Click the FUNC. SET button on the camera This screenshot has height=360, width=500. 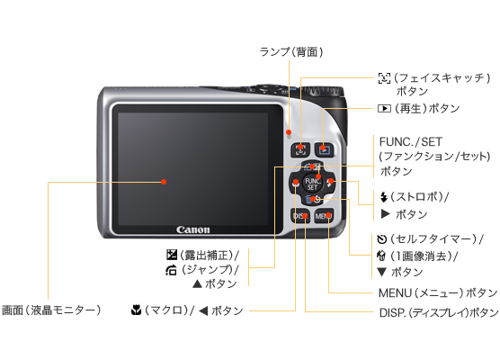pos(312,184)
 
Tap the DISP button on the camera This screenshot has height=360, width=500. pos(300,216)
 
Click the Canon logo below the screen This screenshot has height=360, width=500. pos(193,229)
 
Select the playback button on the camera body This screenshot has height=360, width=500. pos(325,149)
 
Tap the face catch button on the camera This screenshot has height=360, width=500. pos(300,149)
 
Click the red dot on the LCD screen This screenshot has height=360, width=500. pos(164,182)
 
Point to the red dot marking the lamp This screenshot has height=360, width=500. pos(289,131)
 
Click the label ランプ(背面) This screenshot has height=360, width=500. pos(291,51)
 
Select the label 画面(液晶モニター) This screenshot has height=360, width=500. pos(51,310)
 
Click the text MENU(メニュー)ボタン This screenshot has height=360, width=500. pos(438,292)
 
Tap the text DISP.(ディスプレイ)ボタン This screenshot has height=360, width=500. pos(439,312)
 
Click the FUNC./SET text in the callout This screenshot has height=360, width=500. pos(411,141)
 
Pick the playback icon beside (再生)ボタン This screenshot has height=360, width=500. pos(384,109)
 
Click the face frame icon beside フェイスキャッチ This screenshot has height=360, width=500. pos(384,78)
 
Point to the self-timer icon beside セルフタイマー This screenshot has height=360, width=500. pos(381,239)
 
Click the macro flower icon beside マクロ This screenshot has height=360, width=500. pos(136,310)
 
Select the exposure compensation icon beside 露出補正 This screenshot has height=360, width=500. pos(172,255)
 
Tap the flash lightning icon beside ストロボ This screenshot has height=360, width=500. pos(384,197)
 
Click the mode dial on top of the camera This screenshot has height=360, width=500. pos(323,91)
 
